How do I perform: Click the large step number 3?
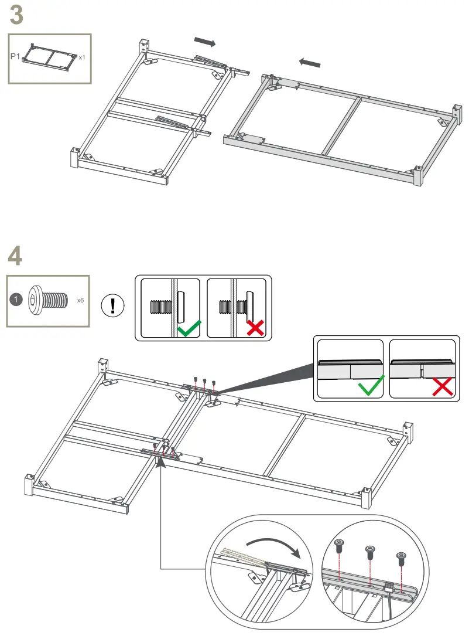point(17,15)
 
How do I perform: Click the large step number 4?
point(16,256)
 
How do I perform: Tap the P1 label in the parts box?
point(16,57)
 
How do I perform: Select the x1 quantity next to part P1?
point(82,57)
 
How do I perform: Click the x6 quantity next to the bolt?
point(81,300)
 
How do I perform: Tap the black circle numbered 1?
point(17,300)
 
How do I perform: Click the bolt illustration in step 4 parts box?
point(46,300)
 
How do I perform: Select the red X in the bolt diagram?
point(255,328)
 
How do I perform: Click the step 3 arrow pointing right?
point(204,42)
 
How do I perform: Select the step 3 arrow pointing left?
point(310,62)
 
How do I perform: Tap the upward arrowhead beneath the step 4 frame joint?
point(160,465)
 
